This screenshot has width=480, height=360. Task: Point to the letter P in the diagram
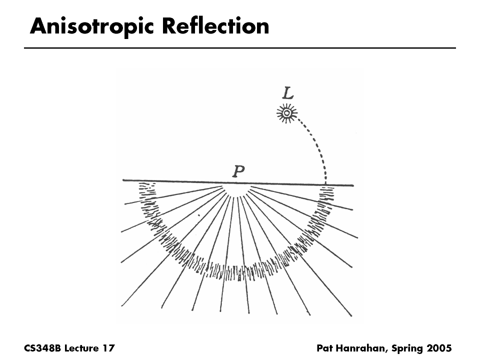238,172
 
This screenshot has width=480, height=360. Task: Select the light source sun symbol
286,114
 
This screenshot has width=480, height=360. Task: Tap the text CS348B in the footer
42,347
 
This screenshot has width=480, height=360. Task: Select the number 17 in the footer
108,347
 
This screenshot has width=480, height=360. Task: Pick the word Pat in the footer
325,347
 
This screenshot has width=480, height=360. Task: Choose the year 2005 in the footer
438,347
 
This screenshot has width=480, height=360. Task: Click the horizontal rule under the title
240,48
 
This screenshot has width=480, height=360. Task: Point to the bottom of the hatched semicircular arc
237,272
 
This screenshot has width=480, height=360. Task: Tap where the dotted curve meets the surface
325,184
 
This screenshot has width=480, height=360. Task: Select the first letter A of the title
36,26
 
